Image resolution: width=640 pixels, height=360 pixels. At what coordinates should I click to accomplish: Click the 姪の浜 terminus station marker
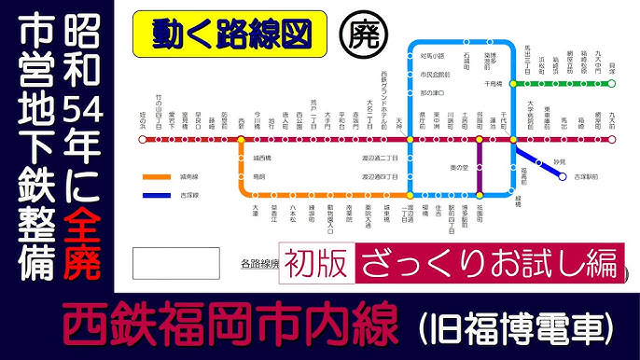click(142, 140)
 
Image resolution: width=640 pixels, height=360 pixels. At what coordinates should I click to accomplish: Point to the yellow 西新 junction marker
click(241, 140)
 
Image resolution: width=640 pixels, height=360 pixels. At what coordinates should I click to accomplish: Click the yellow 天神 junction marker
click(410, 140)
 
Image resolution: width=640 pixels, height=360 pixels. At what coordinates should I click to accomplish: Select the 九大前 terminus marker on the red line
click(613, 140)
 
